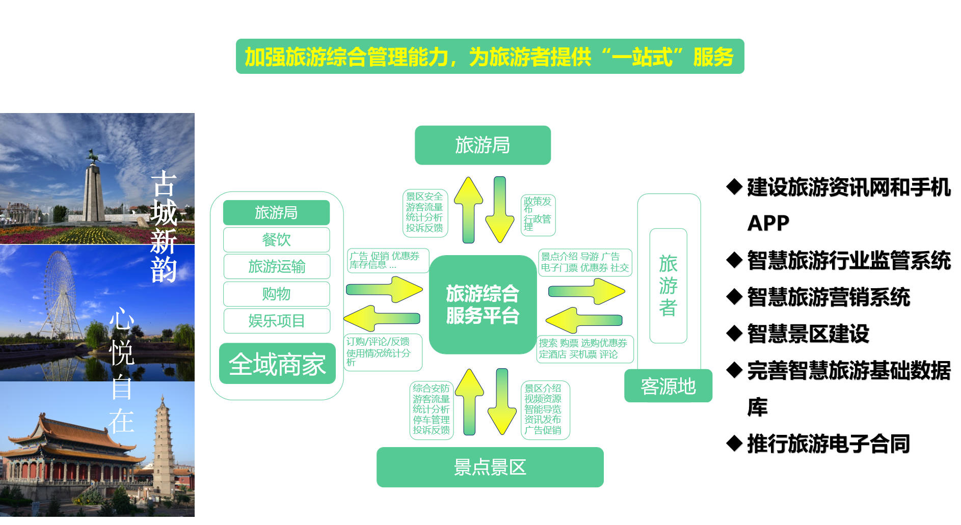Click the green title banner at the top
pos(489,57)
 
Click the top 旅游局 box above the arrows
pos(482,145)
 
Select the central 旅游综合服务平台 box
pos(482,305)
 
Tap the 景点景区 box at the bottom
pos(490,467)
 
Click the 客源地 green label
pos(668,386)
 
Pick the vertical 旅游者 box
pos(668,286)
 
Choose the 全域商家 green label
pos(277,364)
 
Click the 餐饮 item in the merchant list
pos(276,239)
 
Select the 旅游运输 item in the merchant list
pos(276,266)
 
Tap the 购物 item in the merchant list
pos(276,294)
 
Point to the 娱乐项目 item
pos(276,321)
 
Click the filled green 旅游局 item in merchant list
pos(276,212)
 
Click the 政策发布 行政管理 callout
pos(538,215)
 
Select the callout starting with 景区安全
pos(424,213)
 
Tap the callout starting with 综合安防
pos(431,409)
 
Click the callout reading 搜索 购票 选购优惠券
pos(584,349)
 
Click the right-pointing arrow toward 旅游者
pos(586,291)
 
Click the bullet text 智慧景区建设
pos(808,334)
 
